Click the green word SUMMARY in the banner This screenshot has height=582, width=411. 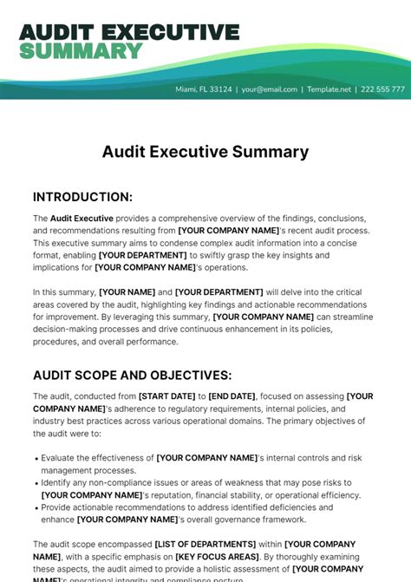pyautogui.click(x=80, y=51)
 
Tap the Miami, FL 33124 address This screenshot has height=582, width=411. pyautogui.click(x=204, y=89)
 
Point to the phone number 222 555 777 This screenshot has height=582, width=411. pyautogui.click(x=382, y=89)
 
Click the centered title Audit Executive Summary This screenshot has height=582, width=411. pyautogui.click(x=205, y=152)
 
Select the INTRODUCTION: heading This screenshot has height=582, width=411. pyautogui.click(x=82, y=197)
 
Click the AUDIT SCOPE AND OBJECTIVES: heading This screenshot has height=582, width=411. pyautogui.click(x=132, y=376)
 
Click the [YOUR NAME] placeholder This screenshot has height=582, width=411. pyautogui.click(x=127, y=292)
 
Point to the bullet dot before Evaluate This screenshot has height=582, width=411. pyautogui.click(x=36, y=458)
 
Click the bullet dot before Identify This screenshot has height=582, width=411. pyautogui.click(x=36, y=482)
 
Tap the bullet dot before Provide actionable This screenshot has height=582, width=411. pyautogui.click(x=36, y=507)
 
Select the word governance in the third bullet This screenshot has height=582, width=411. pyautogui.click(x=240, y=520)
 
